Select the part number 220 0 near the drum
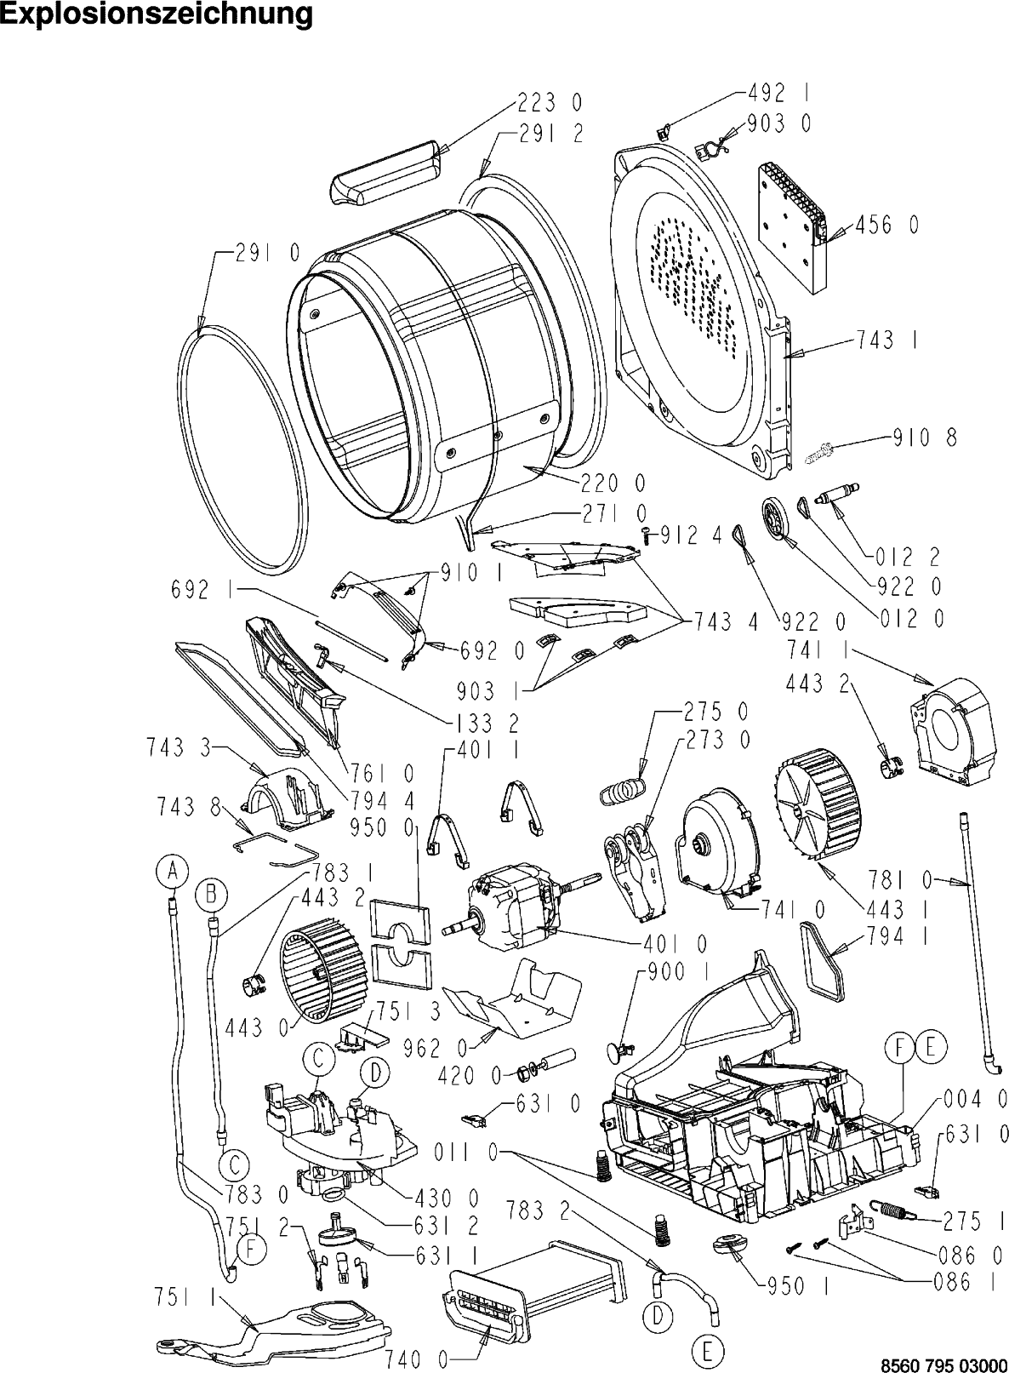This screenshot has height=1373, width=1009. click(613, 483)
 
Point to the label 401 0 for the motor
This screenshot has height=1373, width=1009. click(676, 943)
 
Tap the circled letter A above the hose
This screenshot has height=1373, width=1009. click(171, 870)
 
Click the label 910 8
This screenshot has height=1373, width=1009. click(925, 438)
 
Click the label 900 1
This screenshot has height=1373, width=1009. click(679, 970)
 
